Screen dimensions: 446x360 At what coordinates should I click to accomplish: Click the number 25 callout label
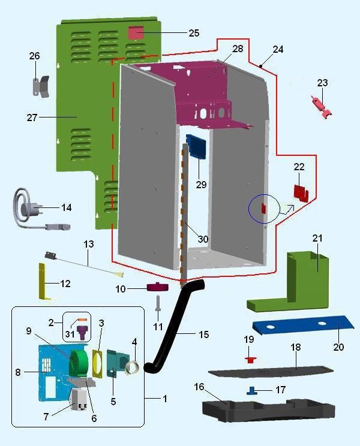tap(193, 33)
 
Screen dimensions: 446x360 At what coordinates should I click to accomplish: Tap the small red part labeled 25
tap(136, 32)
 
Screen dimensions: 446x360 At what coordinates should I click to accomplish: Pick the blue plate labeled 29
tap(196, 147)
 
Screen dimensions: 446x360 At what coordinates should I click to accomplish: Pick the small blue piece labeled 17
tap(253, 390)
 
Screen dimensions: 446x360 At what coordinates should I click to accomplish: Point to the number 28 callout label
tap(237, 49)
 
